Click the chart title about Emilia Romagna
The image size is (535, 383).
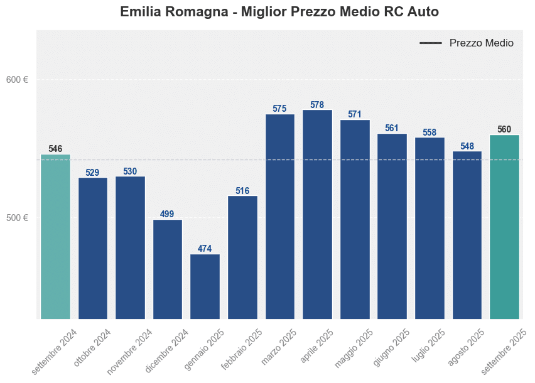pyautogui.click(x=279, y=12)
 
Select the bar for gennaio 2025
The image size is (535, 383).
pyautogui.click(x=205, y=286)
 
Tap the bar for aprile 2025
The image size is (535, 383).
pyautogui.click(x=317, y=214)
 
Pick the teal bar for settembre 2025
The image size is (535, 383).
pyautogui.click(x=504, y=227)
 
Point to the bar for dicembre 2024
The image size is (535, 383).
pyautogui.click(x=168, y=269)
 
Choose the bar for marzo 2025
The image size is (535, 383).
pyautogui.click(x=280, y=216)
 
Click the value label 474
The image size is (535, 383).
pyautogui.click(x=205, y=249)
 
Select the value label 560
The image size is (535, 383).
pyautogui.click(x=504, y=129)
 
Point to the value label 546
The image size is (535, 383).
pyautogui.click(x=55, y=149)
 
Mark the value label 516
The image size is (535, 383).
pyautogui.click(x=242, y=190)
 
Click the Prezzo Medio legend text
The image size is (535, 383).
pyautogui.click(x=481, y=43)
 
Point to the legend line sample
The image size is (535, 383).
pyautogui.click(x=431, y=43)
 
